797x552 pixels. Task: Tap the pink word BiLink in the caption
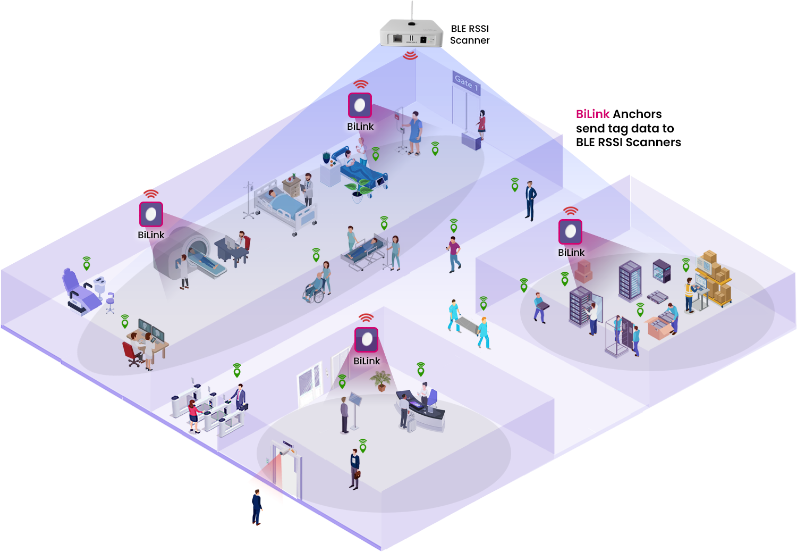tap(592, 114)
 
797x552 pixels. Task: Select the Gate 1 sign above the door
tap(466, 83)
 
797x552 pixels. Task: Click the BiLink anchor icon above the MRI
tap(151, 214)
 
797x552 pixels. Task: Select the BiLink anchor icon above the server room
tap(570, 231)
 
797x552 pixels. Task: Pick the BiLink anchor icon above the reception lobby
tap(366, 340)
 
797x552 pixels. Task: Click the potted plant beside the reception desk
tap(381, 380)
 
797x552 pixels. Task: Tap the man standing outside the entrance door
tap(257, 507)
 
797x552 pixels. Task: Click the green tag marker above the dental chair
tap(87, 263)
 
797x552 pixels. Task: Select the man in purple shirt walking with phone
tap(454, 254)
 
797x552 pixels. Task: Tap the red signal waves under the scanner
tap(410, 55)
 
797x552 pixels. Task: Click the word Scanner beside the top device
tap(470, 40)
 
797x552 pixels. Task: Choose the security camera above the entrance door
tap(287, 451)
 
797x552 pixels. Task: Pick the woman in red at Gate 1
tap(481, 124)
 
